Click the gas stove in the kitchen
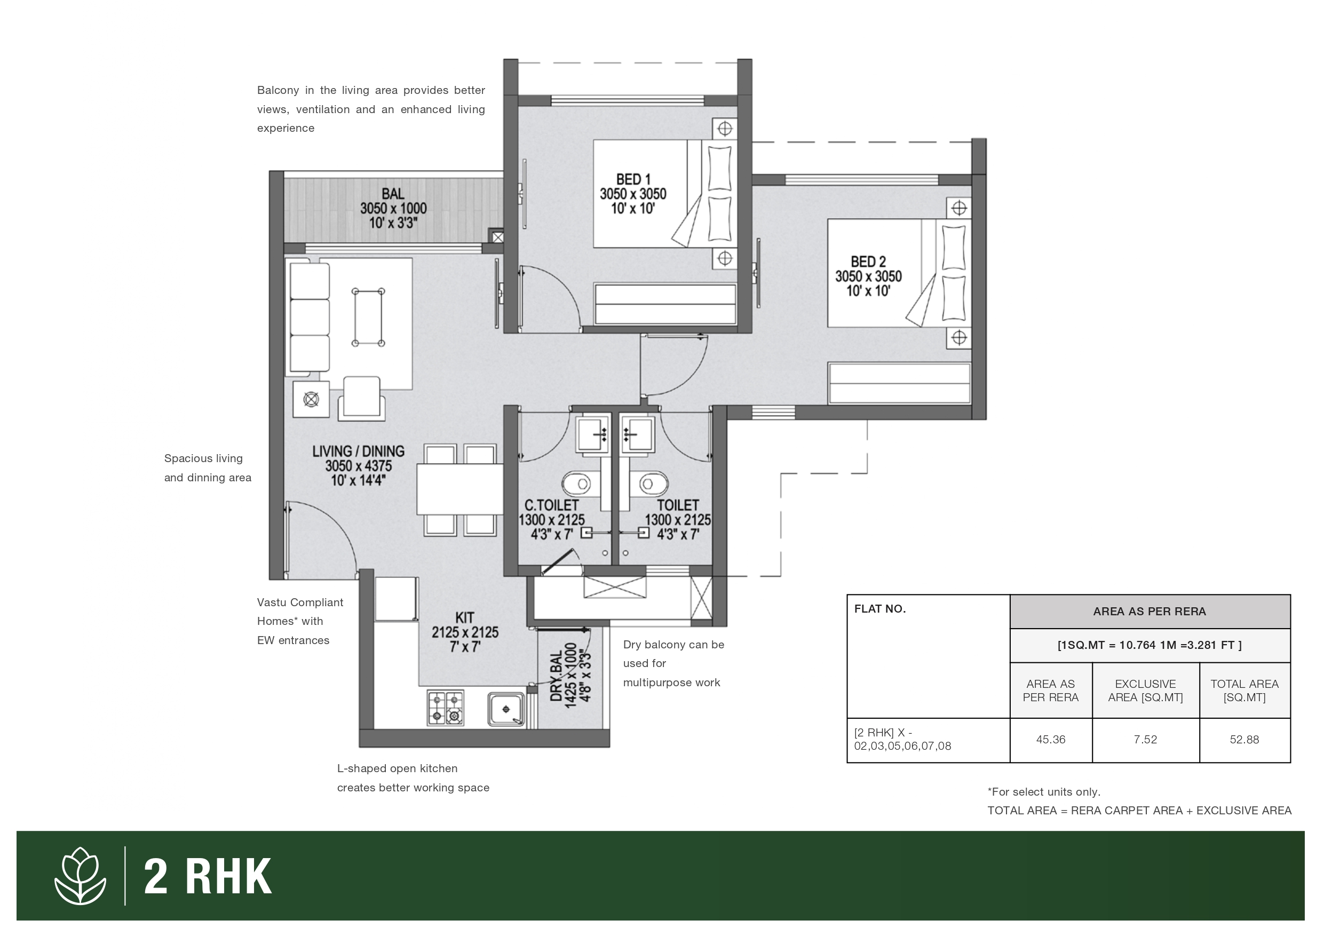tap(446, 708)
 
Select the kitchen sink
tap(506, 709)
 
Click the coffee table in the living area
tap(368, 317)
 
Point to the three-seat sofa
tap(310, 317)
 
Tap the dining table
tap(460, 489)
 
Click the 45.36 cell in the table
tap(1051, 739)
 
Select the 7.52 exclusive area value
tap(1145, 739)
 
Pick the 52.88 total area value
tap(1244, 739)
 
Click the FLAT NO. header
tap(880, 608)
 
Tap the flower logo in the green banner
tap(80, 876)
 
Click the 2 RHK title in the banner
tap(208, 877)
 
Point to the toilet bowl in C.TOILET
tap(577, 484)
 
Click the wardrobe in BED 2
tap(900, 383)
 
